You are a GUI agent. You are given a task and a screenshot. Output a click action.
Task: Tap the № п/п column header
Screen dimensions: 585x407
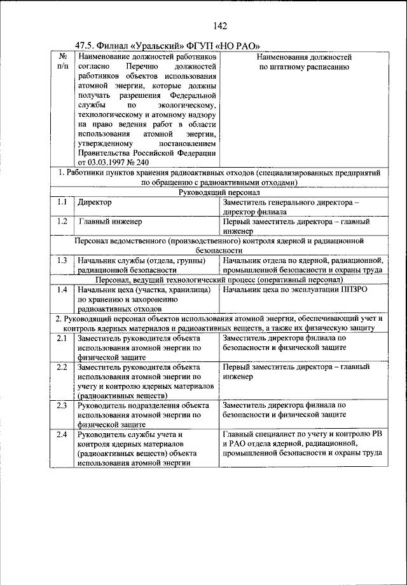(x=62, y=62)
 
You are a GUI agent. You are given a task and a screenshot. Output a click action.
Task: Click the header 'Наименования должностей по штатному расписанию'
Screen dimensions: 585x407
(x=304, y=62)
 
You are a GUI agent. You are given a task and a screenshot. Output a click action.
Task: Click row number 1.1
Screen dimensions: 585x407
(x=62, y=202)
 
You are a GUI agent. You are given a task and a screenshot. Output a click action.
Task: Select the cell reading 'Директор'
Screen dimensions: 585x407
(x=95, y=203)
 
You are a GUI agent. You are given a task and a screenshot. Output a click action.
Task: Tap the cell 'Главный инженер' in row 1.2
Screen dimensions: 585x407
(x=111, y=222)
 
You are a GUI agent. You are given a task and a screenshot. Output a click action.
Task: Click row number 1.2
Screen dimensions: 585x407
(x=62, y=222)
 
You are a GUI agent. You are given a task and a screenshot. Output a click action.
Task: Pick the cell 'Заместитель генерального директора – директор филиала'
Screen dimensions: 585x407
(x=291, y=207)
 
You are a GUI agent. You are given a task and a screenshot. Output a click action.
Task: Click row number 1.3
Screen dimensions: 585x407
(x=62, y=260)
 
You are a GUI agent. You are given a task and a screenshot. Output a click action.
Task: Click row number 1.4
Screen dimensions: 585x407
(x=62, y=290)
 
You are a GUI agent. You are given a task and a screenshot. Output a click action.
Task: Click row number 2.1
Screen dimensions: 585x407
(x=62, y=339)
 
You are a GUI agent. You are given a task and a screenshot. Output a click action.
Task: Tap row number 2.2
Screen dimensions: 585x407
(x=62, y=367)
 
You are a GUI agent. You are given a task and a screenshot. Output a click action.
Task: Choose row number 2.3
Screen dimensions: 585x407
(x=62, y=405)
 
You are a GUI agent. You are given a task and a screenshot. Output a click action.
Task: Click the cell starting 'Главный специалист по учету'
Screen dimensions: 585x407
(x=302, y=443)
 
